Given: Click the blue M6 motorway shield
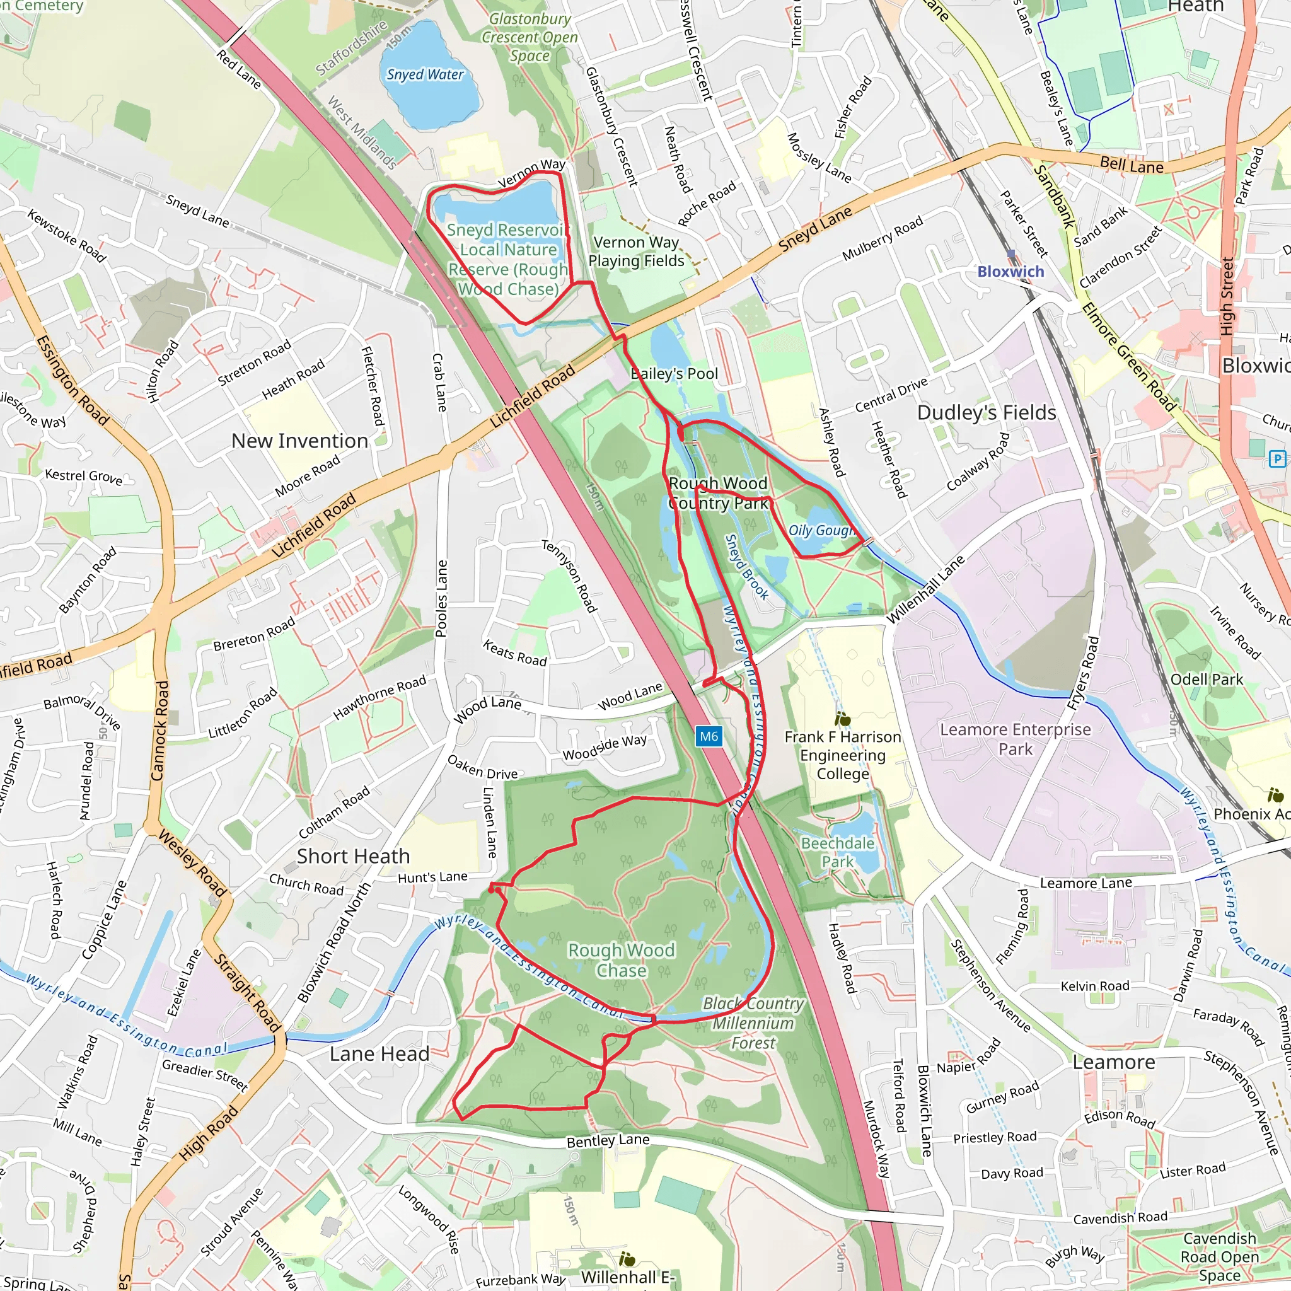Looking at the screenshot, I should (x=709, y=736).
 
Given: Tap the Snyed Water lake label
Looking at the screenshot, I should (x=425, y=75).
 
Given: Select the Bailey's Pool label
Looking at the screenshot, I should (x=674, y=374).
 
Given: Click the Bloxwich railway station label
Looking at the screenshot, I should (x=1010, y=271).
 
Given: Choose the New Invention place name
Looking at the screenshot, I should (x=299, y=441).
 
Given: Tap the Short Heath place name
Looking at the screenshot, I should (x=353, y=856).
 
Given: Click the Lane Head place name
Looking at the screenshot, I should (x=379, y=1054).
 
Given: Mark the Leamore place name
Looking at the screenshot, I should (x=1113, y=1062).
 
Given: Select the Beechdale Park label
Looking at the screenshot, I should (x=837, y=852).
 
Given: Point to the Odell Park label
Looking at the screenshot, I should (x=1206, y=680).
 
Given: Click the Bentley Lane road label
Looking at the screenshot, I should (x=608, y=1140).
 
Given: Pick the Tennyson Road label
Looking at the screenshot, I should (x=569, y=576).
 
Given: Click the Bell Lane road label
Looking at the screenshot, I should (x=1132, y=165).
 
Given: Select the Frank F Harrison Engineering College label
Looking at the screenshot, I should (x=843, y=755).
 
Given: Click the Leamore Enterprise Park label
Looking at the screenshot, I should (x=1015, y=738).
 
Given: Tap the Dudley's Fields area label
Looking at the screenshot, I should (x=987, y=412).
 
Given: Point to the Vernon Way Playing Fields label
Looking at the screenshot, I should (x=636, y=252).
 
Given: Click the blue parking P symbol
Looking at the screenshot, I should (x=1277, y=458).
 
